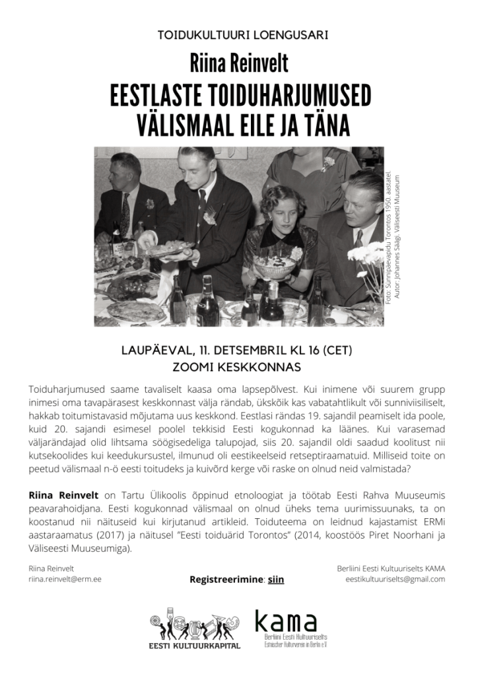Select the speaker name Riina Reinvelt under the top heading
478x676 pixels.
(x=238, y=64)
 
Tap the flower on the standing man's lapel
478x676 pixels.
(x=209, y=216)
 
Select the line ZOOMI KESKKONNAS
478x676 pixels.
(x=238, y=367)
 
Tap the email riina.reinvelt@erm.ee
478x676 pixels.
(x=65, y=579)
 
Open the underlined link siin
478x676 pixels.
(x=276, y=580)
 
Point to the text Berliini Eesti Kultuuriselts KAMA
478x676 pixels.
(x=391, y=568)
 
